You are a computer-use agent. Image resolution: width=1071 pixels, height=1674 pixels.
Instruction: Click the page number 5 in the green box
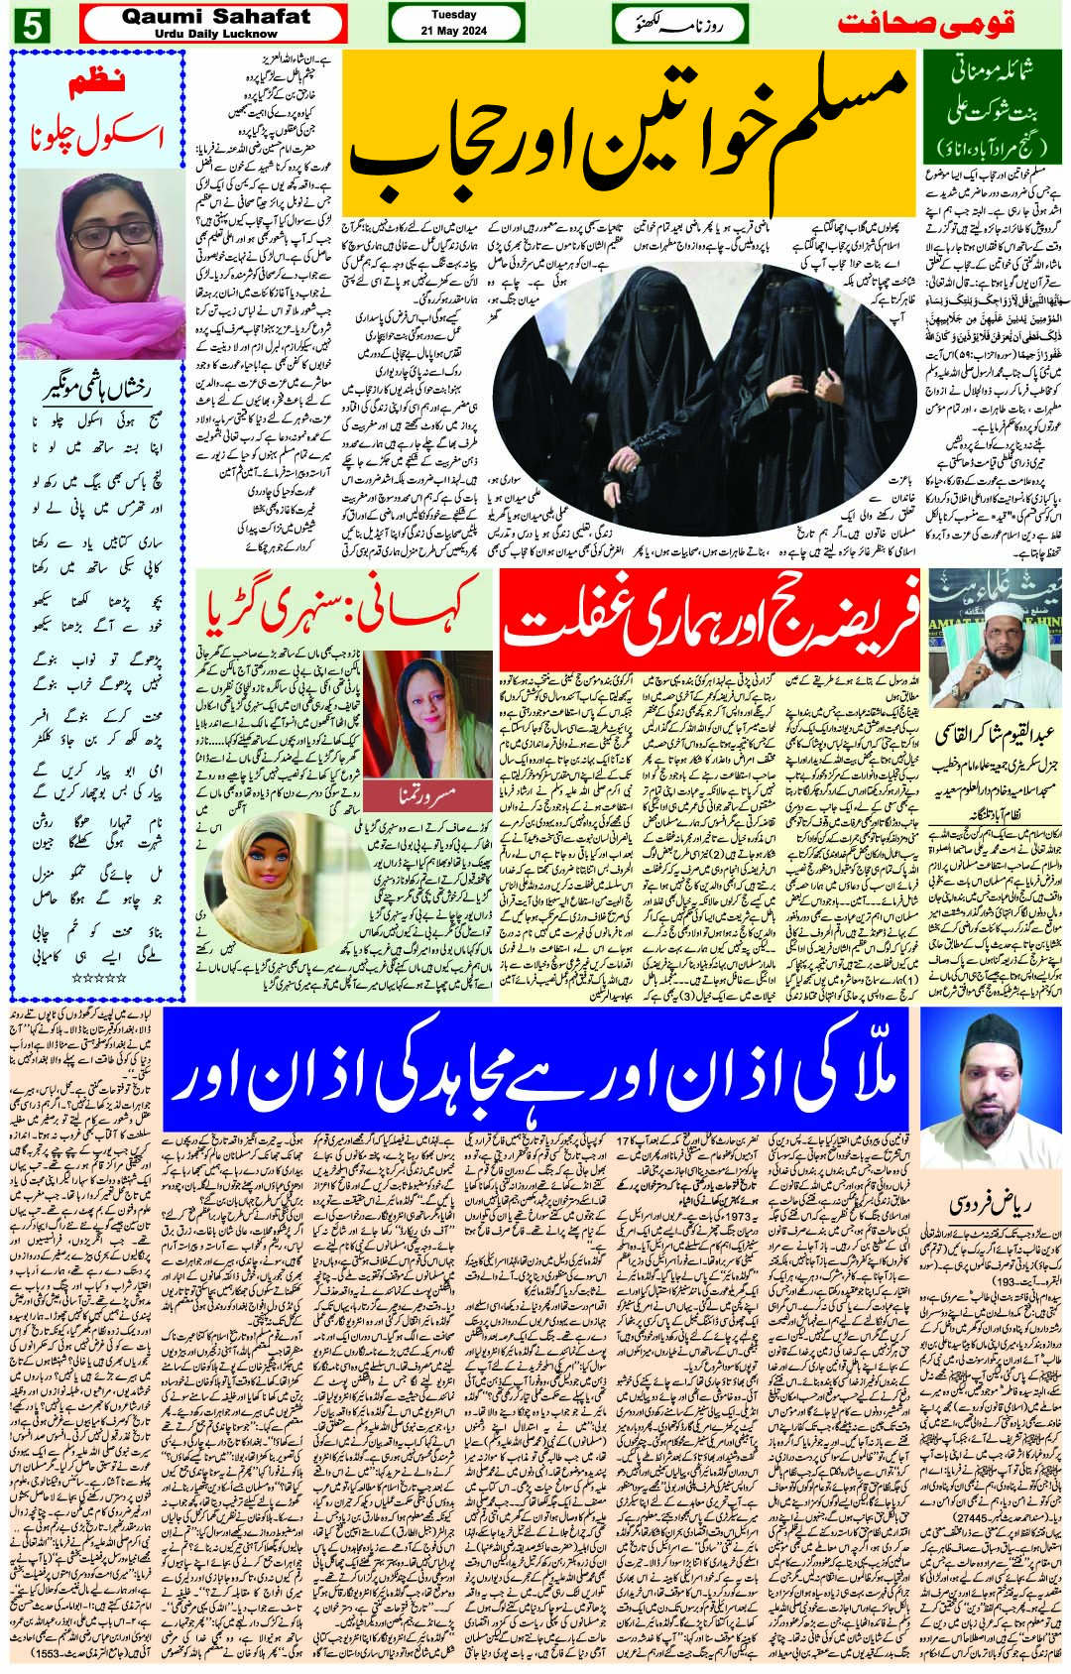30,27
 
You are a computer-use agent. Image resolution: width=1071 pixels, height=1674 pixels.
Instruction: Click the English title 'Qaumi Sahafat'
216,16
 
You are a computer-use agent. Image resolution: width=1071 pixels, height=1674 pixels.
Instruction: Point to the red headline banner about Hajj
710,613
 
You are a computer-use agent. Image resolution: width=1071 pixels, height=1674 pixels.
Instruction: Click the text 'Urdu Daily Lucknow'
216,32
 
